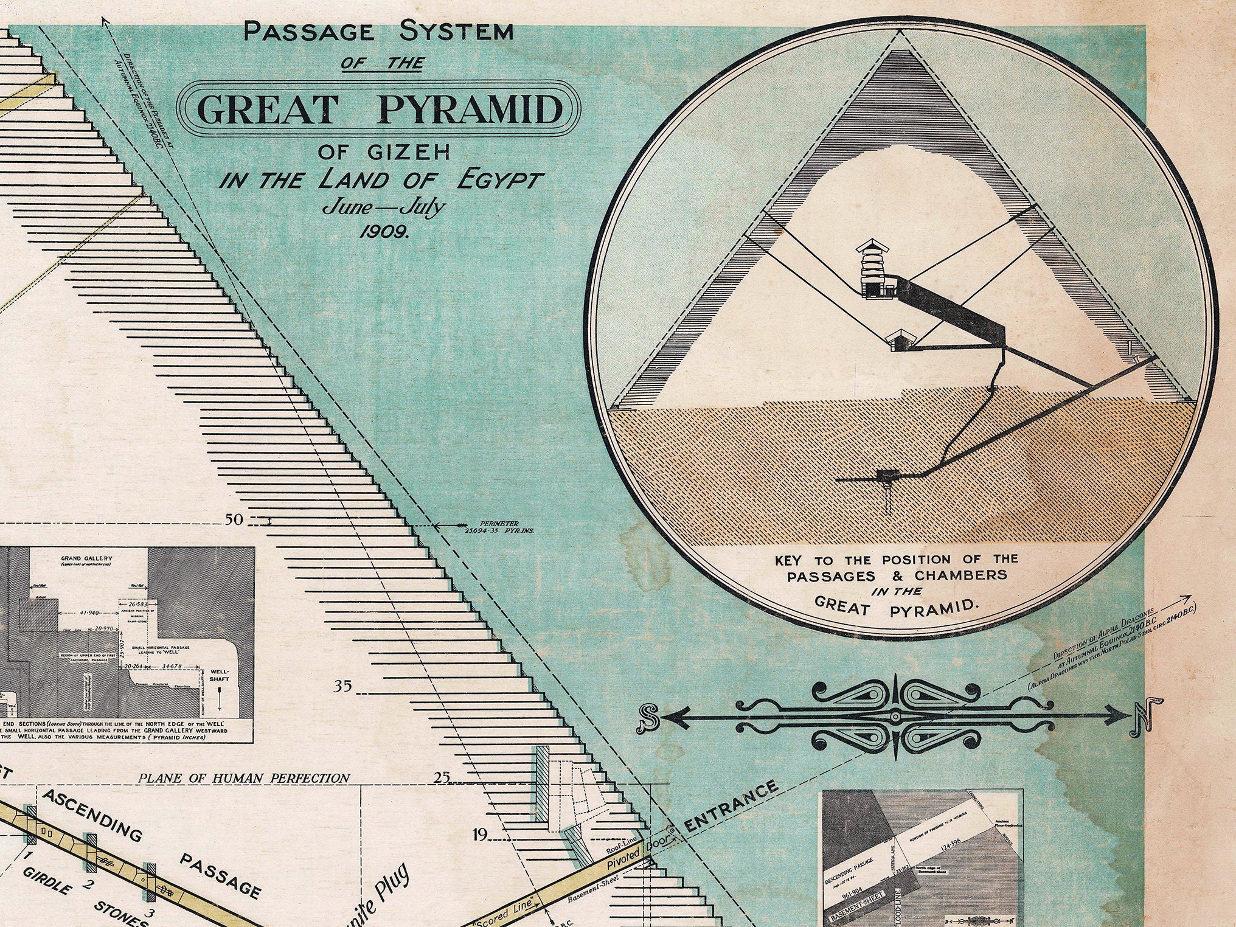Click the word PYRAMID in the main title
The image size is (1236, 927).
(x=470, y=109)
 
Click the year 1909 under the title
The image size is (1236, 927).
(x=384, y=231)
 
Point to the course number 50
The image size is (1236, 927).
(x=234, y=520)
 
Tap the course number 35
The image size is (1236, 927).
(x=342, y=686)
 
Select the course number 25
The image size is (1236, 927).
(x=442, y=777)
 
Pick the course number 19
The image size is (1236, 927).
(x=480, y=835)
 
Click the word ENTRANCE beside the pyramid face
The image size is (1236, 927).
(x=731, y=807)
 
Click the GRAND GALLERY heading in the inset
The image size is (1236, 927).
(x=86, y=558)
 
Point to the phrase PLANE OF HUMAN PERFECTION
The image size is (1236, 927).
(x=244, y=778)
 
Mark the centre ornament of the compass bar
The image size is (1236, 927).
(x=895, y=717)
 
